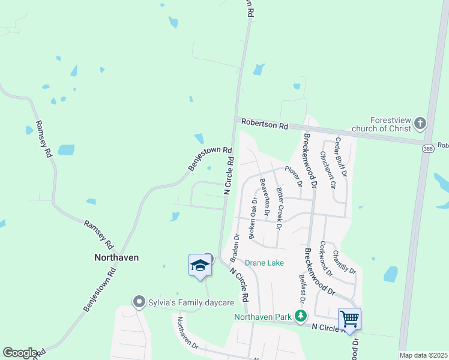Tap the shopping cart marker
tap(349, 318)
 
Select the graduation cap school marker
tap(200, 265)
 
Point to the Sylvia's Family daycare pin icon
tap(139, 301)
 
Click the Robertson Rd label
tap(265, 125)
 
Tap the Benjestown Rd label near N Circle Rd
tap(209, 159)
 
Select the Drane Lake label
tap(264, 263)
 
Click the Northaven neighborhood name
tap(116, 257)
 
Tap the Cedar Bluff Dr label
tap(341, 160)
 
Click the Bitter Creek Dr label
tap(279, 208)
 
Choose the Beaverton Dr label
tap(264, 196)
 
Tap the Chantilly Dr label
tap(343, 262)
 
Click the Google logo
tap(20, 353)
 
